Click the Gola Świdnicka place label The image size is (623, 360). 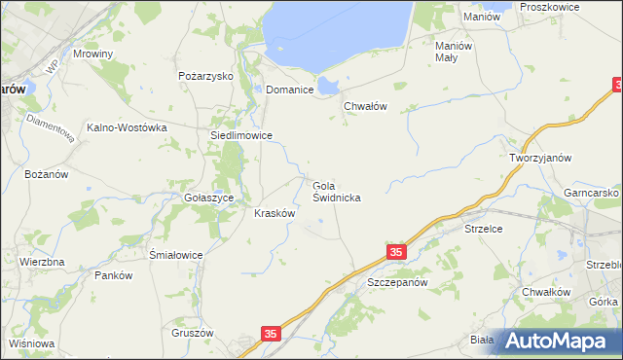tap(338, 190)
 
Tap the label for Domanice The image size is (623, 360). tap(290, 90)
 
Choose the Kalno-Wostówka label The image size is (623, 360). tap(128, 127)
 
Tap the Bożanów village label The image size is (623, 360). tap(47, 174)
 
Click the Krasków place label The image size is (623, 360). tap(275, 213)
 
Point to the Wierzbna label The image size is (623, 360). tap(42, 263)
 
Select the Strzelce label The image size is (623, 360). tap(482, 229)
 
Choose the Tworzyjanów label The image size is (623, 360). tap(539, 158)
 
